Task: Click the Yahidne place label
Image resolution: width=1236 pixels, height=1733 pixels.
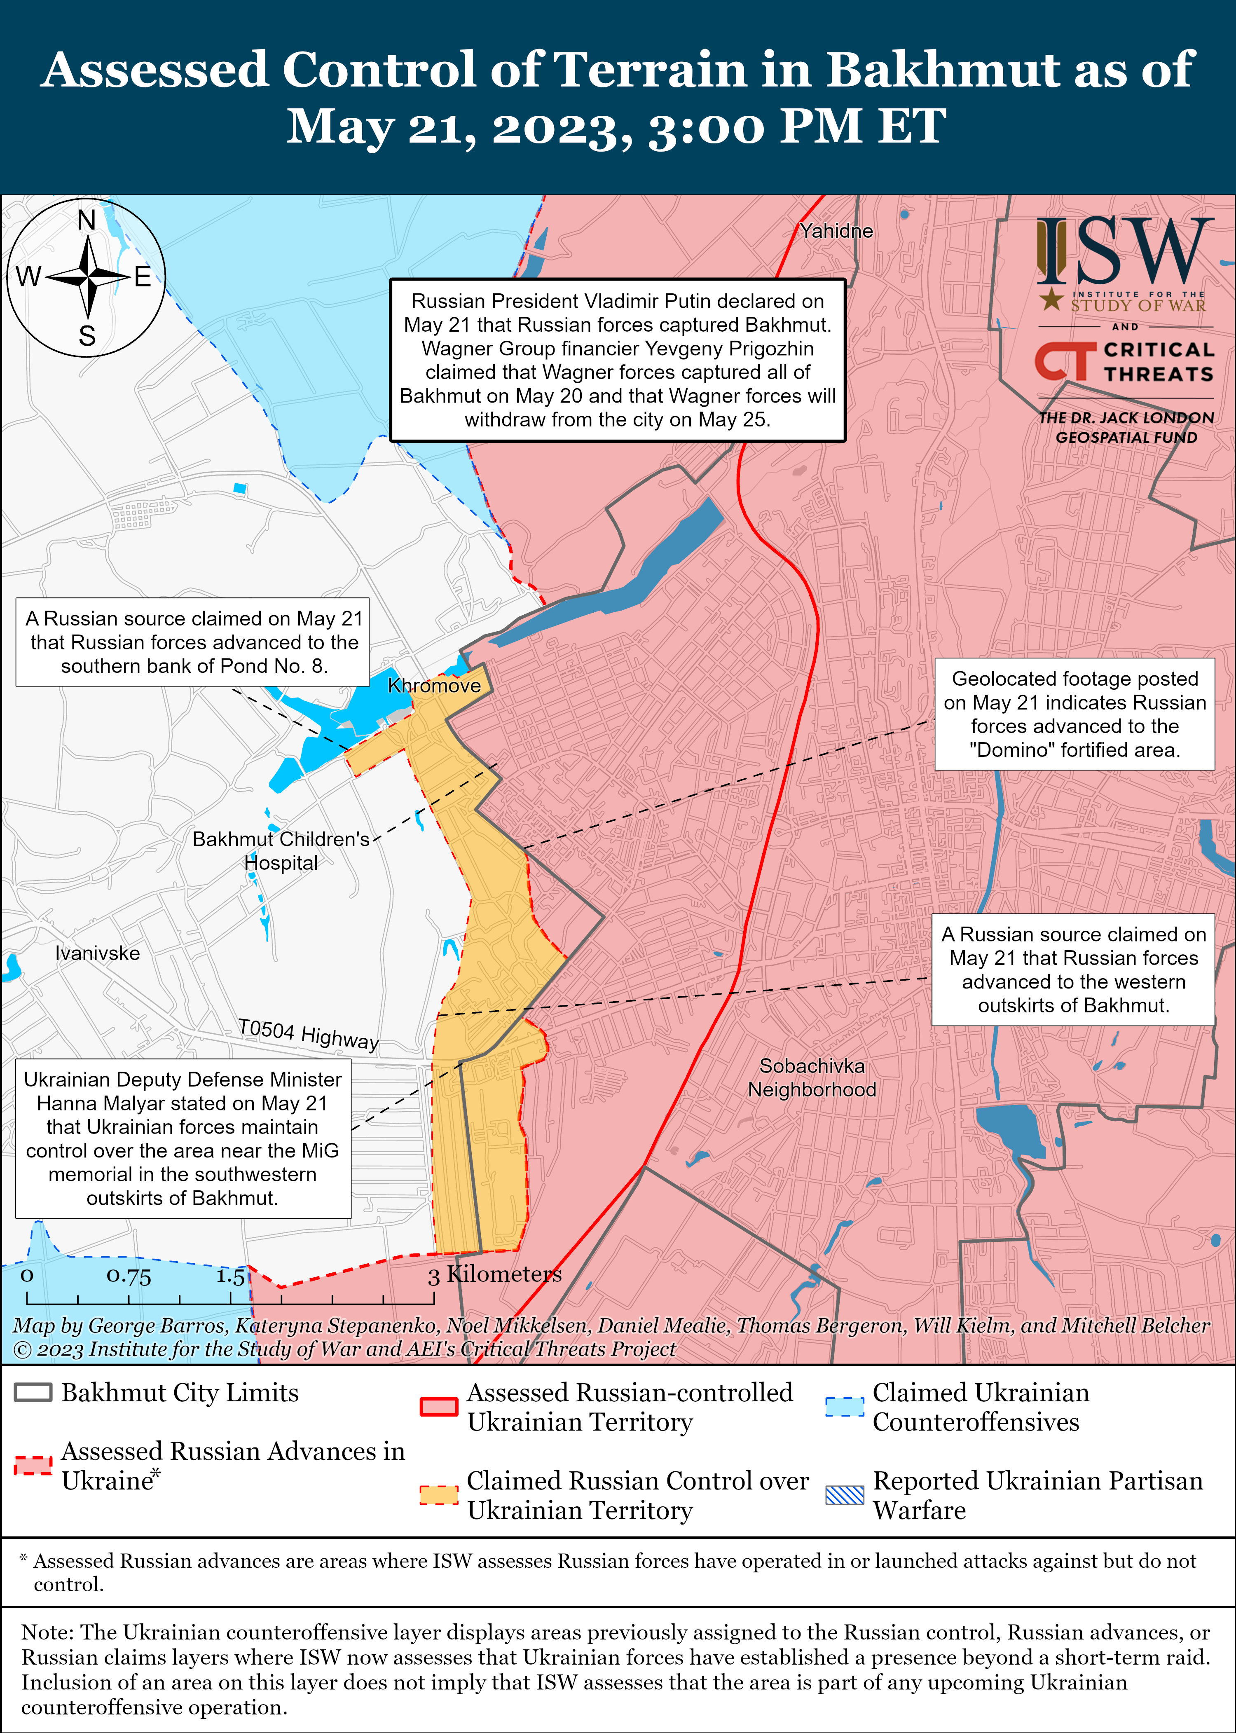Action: pyautogui.click(x=836, y=231)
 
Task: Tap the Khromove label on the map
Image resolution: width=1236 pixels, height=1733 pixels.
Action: pyautogui.click(x=434, y=686)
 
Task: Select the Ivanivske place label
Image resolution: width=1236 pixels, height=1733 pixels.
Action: pyautogui.click(x=97, y=953)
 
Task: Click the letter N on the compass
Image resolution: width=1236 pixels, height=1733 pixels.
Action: pyautogui.click(x=87, y=221)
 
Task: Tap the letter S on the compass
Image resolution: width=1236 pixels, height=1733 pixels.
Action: pyautogui.click(x=87, y=336)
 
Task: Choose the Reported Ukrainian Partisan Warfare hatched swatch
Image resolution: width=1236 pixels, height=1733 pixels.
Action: pyautogui.click(x=845, y=1495)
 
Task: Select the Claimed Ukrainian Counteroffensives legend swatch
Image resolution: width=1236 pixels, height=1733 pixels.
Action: pyautogui.click(x=845, y=1407)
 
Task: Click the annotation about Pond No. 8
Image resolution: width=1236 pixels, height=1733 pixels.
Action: pyautogui.click(x=193, y=642)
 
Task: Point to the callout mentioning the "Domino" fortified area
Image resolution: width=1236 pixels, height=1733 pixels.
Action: pyautogui.click(x=1074, y=714)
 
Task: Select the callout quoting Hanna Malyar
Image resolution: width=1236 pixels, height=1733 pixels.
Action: pyautogui.click(x=183, y=1138)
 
